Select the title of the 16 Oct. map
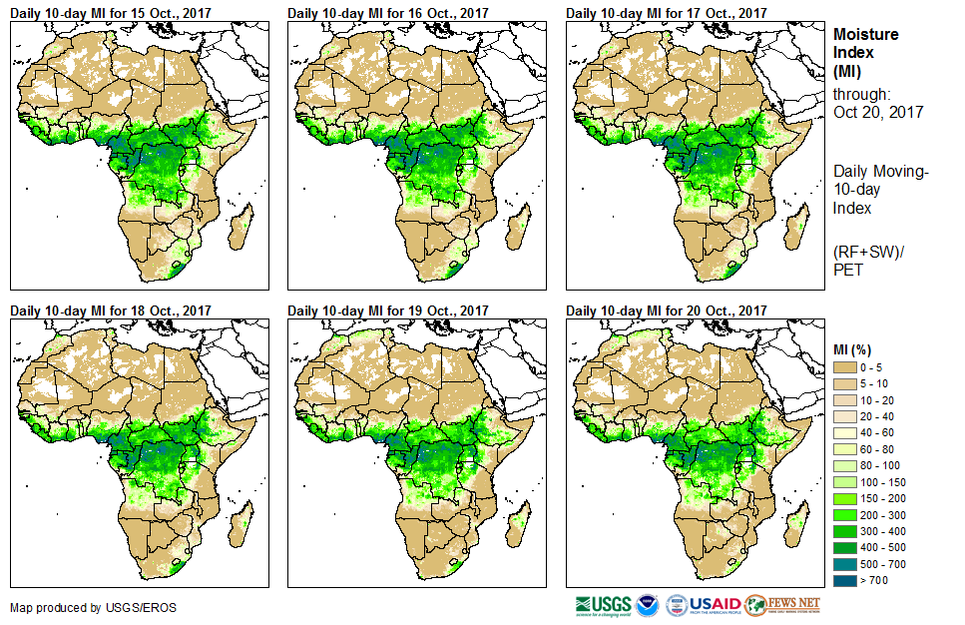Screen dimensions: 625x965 tap(389, 13)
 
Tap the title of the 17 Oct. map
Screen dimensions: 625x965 tap(668, 13)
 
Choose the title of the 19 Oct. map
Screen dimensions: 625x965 tap(389, 311)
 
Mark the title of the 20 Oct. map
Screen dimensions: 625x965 tap(668, 311)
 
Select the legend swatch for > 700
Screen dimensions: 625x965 tap(845, 579)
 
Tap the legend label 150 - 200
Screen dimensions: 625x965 tap(879, 499)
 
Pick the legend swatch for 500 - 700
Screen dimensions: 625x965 tap(845, 563)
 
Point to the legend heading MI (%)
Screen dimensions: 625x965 tap(853, 349)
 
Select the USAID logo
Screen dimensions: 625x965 tap(715, 605)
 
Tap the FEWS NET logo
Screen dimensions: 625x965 tap(782, 605)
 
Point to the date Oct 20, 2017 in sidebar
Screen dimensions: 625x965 tap(878, 112)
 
